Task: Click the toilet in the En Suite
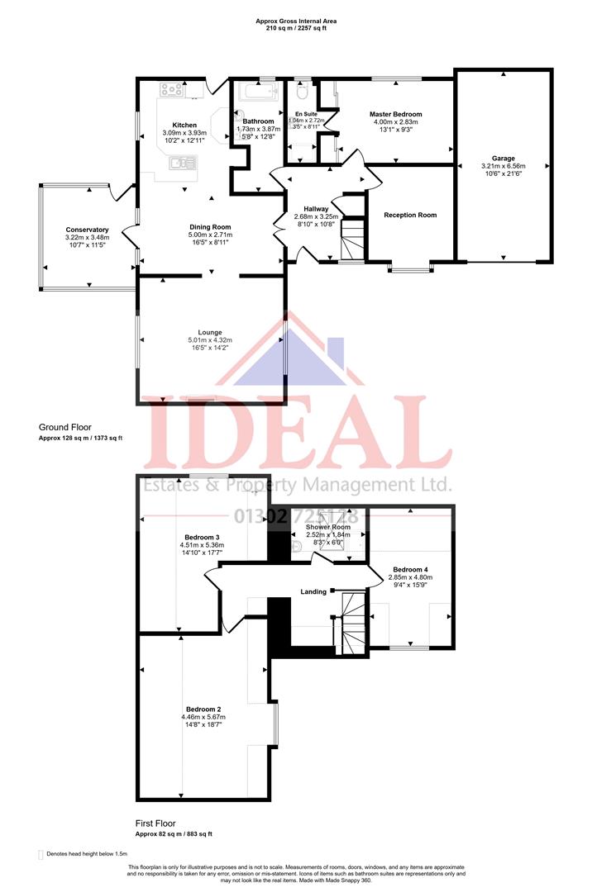[x=303, y=91]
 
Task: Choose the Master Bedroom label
[x=396, y=114]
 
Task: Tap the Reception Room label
[x=410, y=216]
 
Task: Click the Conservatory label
[x=88, y=230]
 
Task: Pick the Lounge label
[x=210, y=332]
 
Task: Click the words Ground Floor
[x=64, y=427]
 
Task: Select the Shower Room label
[x=329, y=527]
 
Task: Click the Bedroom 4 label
[x=411, y=570]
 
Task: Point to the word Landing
[x=313, y=591]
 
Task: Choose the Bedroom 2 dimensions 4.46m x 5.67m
[x=203, y=717]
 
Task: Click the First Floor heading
[x=155, y=823]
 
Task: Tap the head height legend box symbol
[x=41, y=855]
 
